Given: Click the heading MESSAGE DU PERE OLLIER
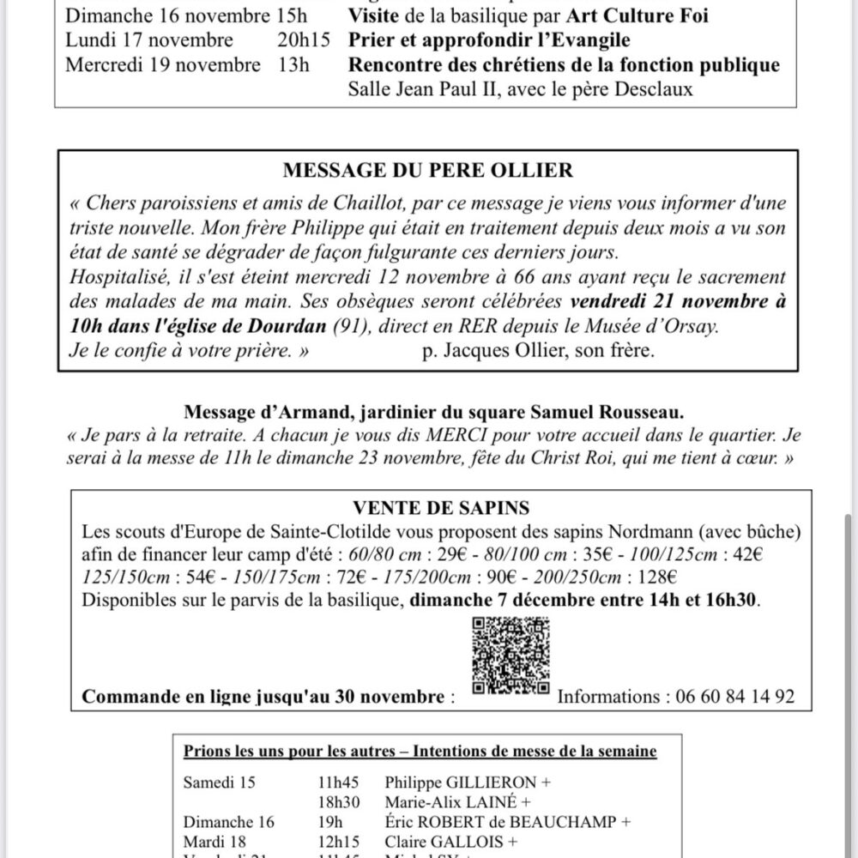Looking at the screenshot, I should click(x=428, y=171).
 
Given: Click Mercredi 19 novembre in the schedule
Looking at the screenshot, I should click(x=163, y=64).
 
